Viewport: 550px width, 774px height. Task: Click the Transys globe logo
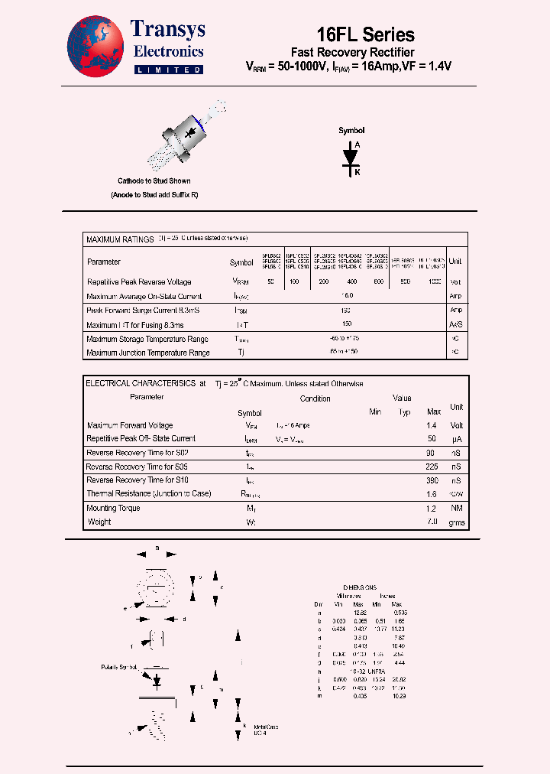click(x=95, y=47)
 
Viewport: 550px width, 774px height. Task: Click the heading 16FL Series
click(x=365, y=34)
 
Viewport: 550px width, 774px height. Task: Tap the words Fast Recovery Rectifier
click(x=353, y=52)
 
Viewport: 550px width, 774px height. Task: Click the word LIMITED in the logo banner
click(x=168, y=70)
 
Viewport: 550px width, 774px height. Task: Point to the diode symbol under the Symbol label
click(x=351, y=156)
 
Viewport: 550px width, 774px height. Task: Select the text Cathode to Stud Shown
click(x=154, y=181)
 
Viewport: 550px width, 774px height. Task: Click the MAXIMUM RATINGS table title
click(x=120, y=239)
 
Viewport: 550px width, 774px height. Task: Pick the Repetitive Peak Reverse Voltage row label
click(x=139, y=282)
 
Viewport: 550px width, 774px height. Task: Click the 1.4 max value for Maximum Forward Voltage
click(x=432, y=425)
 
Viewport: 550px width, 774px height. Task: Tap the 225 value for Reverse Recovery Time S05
click(x=432, y=467)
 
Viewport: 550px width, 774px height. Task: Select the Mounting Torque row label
click(x=113, y=508)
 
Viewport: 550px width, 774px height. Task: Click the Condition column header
click(x=315, y=398)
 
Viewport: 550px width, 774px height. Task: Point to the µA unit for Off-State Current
click(x=456, y=439)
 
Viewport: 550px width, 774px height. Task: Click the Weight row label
click(x=99, y=522)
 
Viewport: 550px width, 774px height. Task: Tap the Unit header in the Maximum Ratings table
click(x=455, y=262)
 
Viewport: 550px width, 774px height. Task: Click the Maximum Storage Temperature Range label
click(x=147, y=339)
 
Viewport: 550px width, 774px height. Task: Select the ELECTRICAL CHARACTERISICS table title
click(x=141, y=383)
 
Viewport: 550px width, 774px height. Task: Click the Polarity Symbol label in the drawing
click(x=118, y=668)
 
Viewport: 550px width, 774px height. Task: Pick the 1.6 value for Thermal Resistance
click(x=432, y=494)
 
